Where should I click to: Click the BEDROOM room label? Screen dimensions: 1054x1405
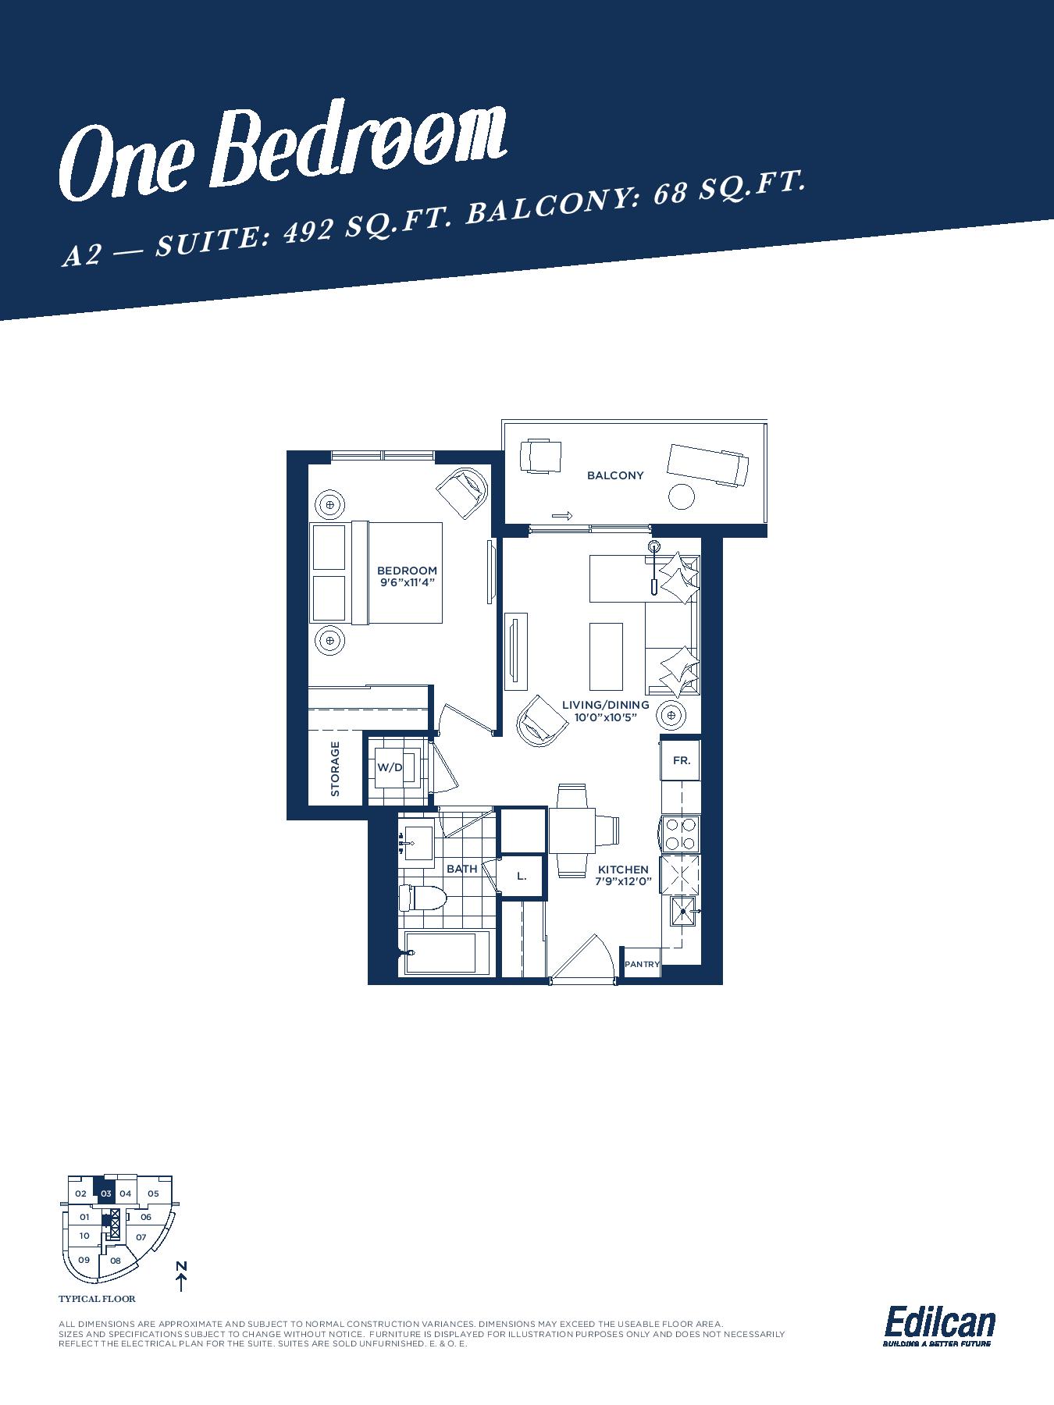[407, 571]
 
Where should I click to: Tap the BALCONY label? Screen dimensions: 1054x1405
[615, 475]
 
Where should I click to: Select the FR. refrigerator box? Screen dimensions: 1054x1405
[682, 760]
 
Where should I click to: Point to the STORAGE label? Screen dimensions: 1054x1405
[336, 769]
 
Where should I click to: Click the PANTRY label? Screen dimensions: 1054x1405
[642, 964]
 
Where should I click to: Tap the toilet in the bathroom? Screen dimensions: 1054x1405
[421, 898]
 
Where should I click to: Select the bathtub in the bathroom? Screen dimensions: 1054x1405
[441, 953]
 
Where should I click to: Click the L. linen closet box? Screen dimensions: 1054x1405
[522, 876]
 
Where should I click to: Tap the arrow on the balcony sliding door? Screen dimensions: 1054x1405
[562, 516]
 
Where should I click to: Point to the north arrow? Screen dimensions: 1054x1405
[181, 1278]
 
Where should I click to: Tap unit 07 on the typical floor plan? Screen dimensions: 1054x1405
[141, 1237]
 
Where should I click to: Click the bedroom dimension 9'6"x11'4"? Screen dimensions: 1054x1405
[408, 582]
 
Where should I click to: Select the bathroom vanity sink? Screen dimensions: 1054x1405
[418, 845]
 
